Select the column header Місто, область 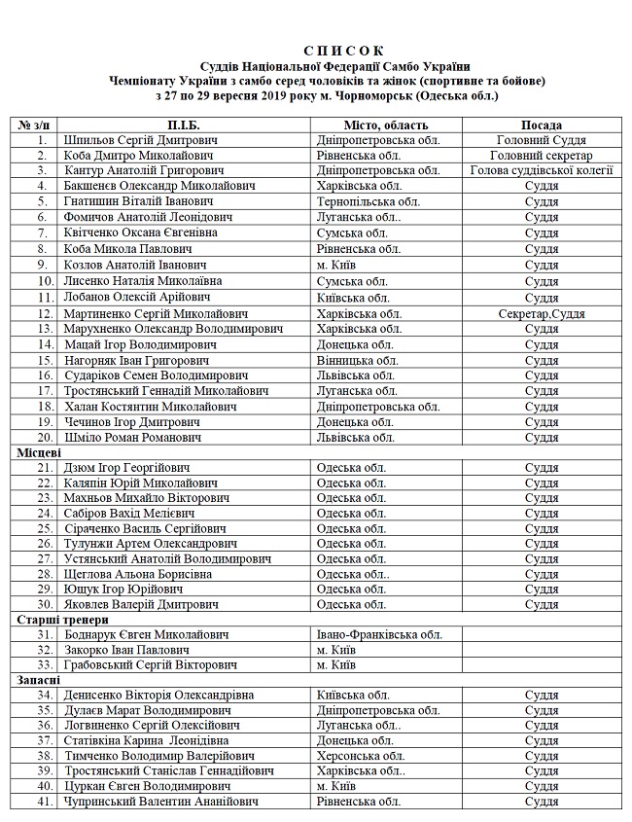pos(386,125)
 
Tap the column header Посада pos(541,125)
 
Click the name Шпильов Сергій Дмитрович pos(140,141)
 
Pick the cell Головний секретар pos(541,156)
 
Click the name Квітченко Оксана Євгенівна pos(140,232)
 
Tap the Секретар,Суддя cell pos(541,314)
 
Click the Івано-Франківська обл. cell pos(380,634)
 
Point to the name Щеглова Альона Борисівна pos(137,574)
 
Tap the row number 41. pos(43,802)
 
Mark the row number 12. pos(43,314)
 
